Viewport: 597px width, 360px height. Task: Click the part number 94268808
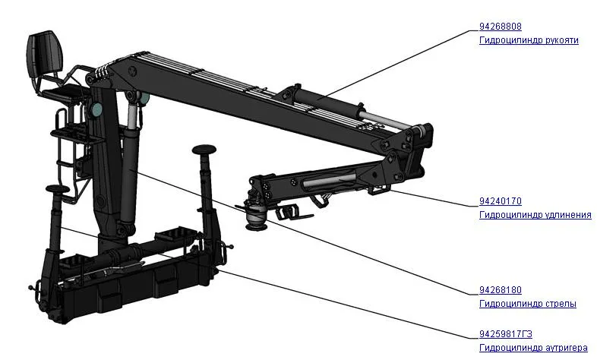click(x=501, y=27)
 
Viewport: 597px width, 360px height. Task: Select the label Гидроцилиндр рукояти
click(x=529, y=40)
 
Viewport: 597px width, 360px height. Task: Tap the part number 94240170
click(x=501, y=201)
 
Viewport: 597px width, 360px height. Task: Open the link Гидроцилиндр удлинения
click(x=535, y=215)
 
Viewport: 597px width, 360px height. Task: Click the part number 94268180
click(x=501, y=290)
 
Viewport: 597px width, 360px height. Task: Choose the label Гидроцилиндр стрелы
click(x=528, y=304)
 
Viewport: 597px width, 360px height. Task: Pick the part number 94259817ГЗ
click(x=506, y=333)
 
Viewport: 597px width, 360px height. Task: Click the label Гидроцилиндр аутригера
click(x=533, y=347)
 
